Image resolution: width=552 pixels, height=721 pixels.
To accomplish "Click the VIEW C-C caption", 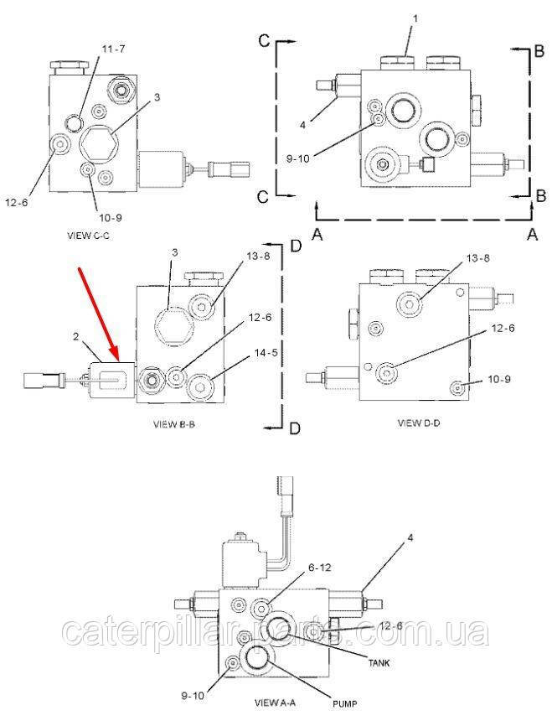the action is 88,236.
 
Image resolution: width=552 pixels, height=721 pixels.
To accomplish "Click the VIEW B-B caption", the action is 174,424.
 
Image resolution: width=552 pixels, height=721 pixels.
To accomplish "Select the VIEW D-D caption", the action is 418,423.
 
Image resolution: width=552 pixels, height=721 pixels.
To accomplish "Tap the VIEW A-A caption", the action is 276,703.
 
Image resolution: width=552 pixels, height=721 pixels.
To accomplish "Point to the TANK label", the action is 379,663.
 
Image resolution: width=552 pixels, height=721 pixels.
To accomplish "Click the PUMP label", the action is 344,703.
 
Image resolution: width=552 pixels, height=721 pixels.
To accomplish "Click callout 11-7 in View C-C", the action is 112,49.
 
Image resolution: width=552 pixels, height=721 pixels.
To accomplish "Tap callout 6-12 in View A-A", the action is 320,568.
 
